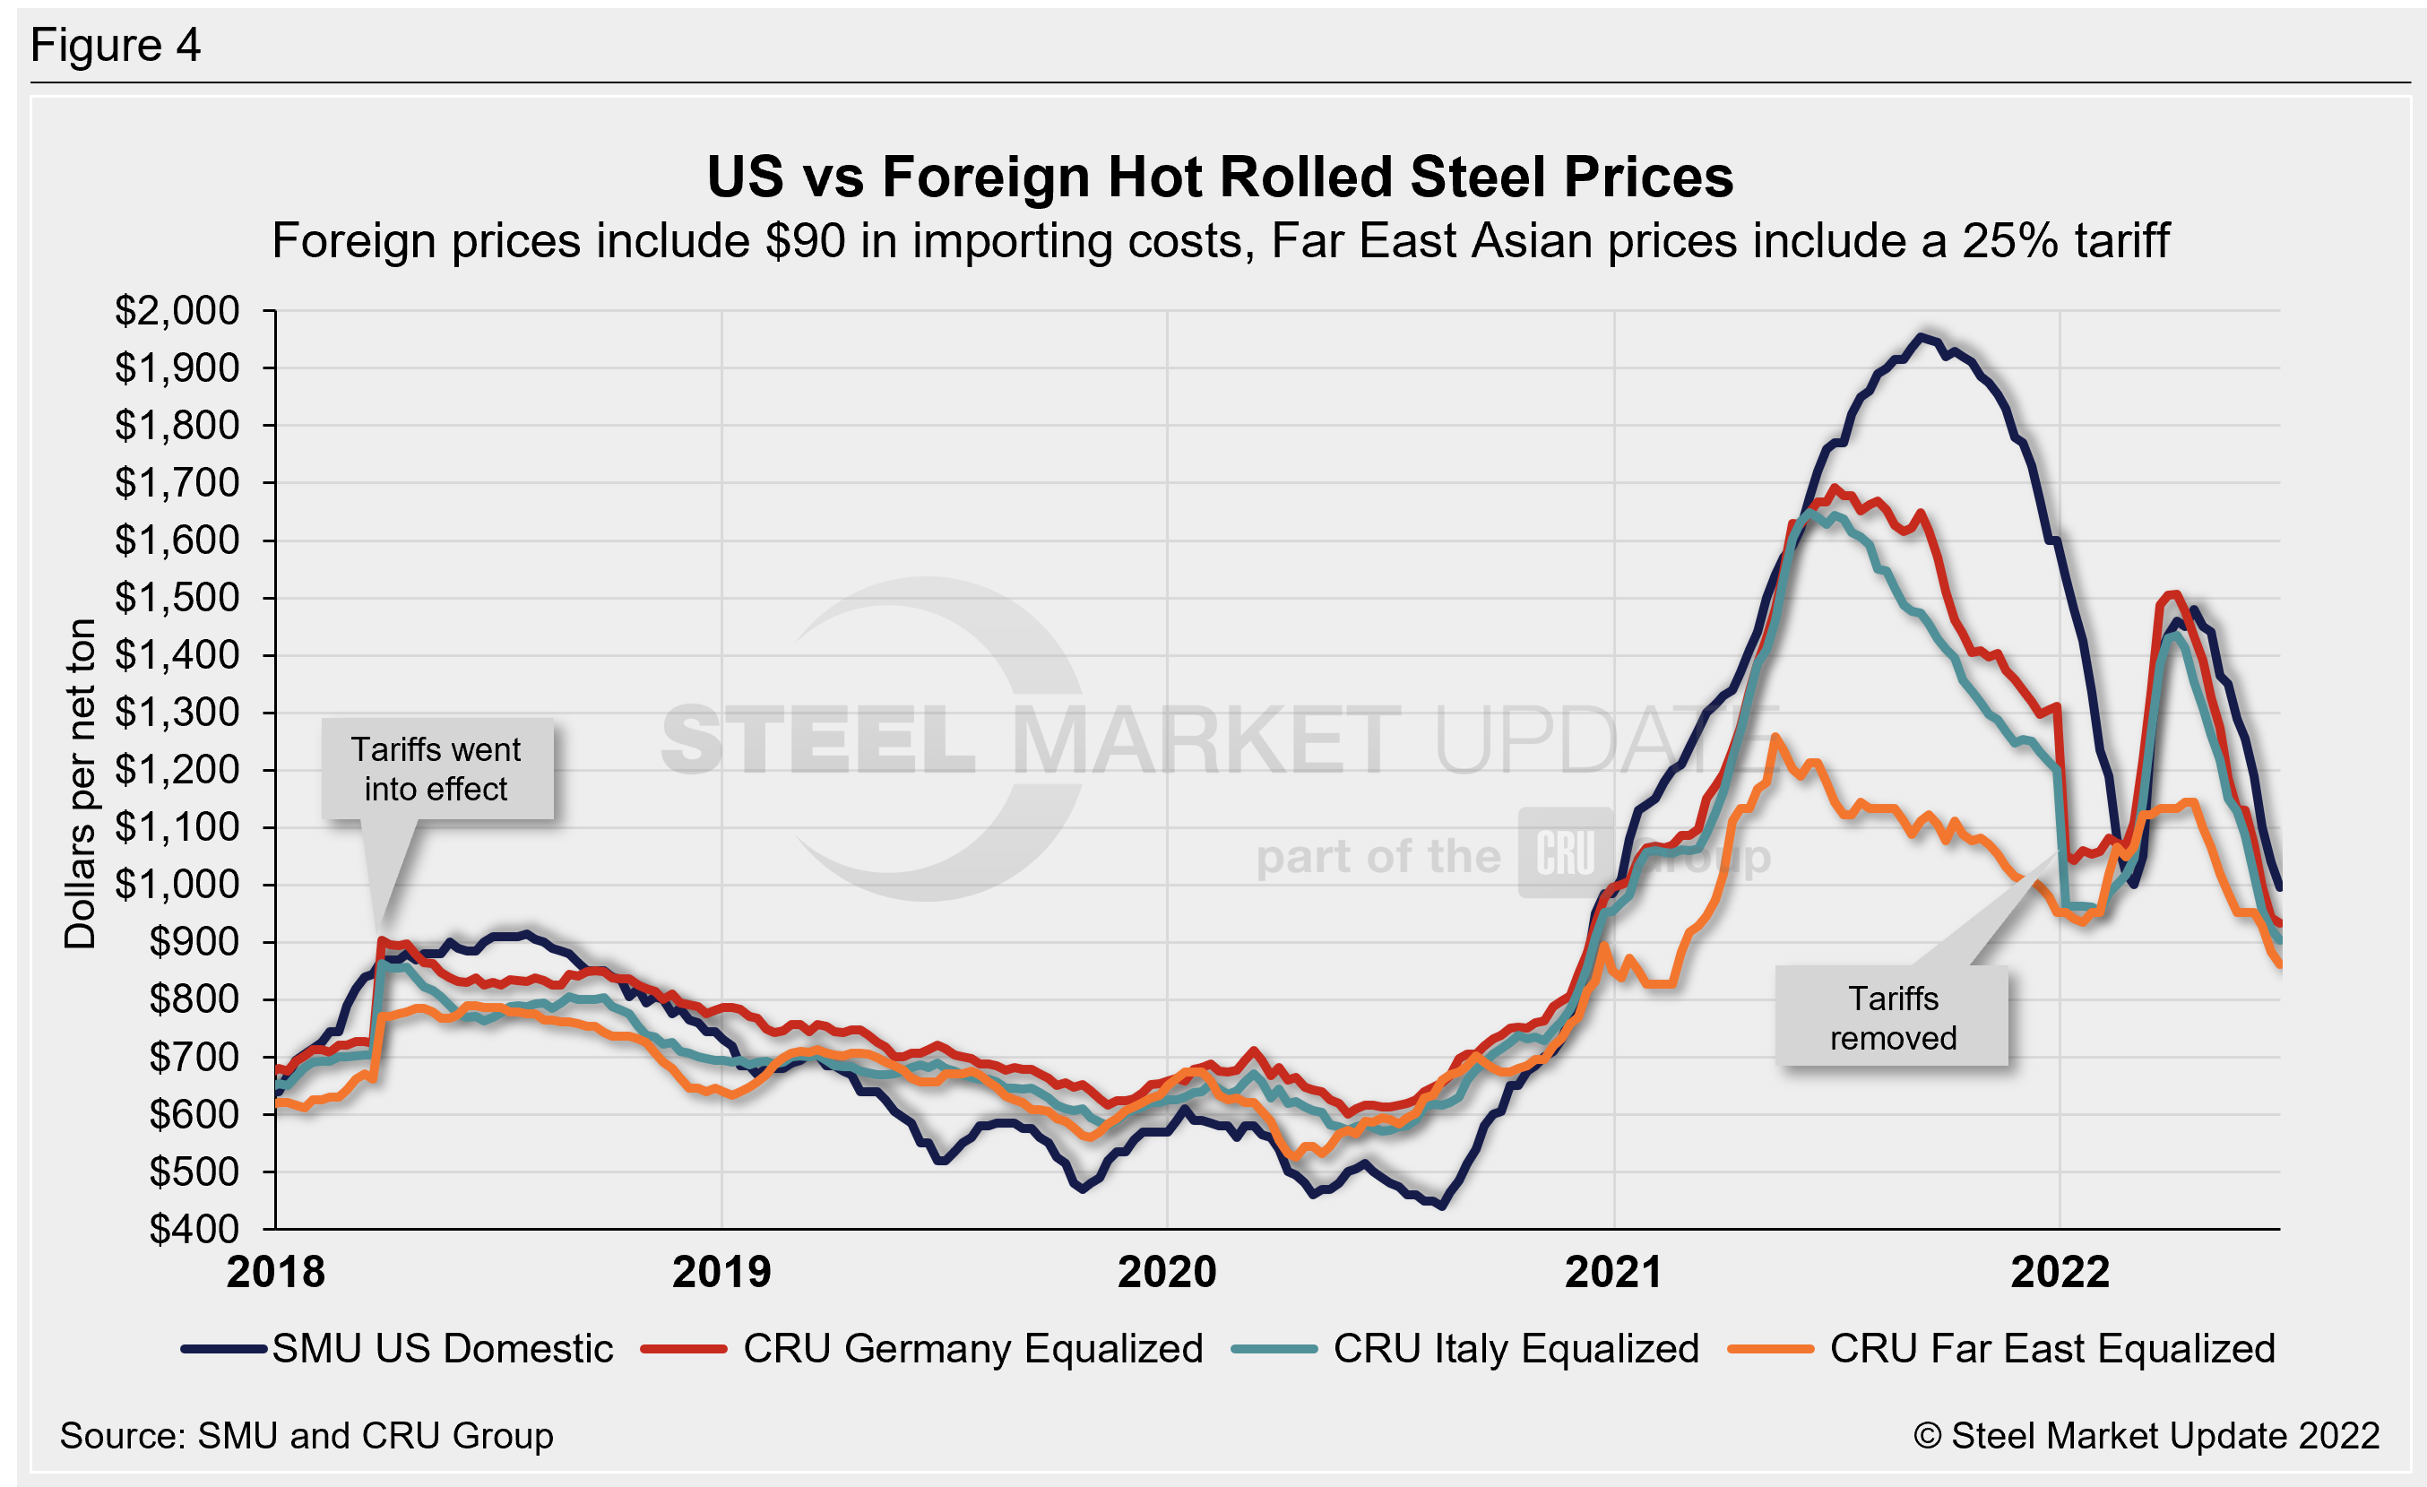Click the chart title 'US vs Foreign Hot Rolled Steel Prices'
(1220, 177)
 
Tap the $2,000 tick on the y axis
(177, 311)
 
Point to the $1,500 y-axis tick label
(177, 598)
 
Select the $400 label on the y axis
(194, 1229)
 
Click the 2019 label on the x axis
(721, 1272)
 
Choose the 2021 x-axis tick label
(1613, 1272)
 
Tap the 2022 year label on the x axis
(2060, 1272)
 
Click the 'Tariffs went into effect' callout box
(436, 769)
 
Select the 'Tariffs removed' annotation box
(1892, 1017)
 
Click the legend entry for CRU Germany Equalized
(922, 1348)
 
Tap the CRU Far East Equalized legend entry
(2002, 1348)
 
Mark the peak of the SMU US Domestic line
(1920, 337)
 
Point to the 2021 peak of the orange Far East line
(1775, 736)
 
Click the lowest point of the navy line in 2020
(1442, 1206)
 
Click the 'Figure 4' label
(116, 46)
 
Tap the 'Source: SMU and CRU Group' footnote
(307, 1436)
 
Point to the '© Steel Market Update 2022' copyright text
(2146, 1436)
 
